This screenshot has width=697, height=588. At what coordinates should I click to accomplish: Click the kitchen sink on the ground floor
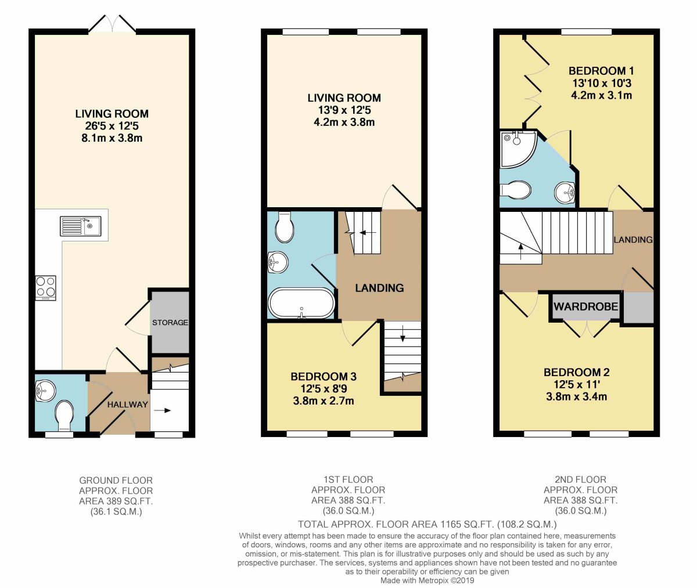(x=81, y=226)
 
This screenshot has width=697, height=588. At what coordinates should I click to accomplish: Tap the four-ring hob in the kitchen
(x=46, y=288)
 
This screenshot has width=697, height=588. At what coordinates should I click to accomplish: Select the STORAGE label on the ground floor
(x=170, y=322)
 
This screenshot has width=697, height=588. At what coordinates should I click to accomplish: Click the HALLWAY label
(x=128, y=405)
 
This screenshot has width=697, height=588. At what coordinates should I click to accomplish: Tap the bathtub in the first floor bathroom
(x=301, y=303)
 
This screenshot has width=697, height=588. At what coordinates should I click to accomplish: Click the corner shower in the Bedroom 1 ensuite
(x=517, y=148)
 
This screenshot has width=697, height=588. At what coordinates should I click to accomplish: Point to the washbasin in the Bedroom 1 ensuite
(x=565, y=193)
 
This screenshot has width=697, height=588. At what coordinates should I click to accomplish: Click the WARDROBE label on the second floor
(x=586, y=306)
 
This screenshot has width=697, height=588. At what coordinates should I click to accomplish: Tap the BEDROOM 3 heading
(x=324, y=377)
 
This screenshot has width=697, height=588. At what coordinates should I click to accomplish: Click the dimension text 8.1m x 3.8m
(x=112, y=138)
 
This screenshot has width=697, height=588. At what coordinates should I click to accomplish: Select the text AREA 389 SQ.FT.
(x=116, y=501)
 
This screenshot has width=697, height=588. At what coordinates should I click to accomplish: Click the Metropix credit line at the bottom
(x=427, y=580)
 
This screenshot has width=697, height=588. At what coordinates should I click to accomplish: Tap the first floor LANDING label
(x=379, y=288)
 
